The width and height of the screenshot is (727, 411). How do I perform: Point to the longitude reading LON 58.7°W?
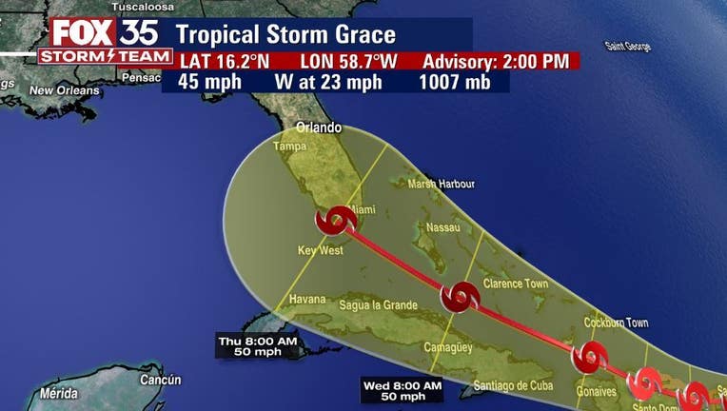pos(344,62)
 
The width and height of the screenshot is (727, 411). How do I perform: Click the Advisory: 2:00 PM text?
pos(496,62)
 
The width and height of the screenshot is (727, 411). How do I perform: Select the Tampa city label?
pos(289,147)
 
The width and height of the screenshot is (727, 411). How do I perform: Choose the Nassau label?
pos(444,226)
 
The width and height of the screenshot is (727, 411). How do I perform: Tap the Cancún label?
pos(160,380)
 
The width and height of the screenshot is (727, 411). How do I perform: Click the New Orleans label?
pos(64,90)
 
